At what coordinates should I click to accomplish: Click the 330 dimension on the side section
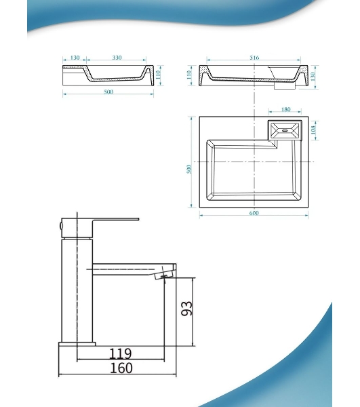click(117, 58)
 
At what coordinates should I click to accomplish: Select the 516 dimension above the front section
click(254, 58)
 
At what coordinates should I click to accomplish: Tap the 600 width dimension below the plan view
click(254, 213)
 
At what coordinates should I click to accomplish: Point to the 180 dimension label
click(285, 109)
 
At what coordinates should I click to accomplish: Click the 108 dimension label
click(313, 130)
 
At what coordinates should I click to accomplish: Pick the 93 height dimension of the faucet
click(186, 309)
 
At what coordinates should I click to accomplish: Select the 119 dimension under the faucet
click(121, 353)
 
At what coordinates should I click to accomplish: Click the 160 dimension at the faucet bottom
click(121, 368)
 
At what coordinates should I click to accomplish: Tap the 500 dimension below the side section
click(108, 92)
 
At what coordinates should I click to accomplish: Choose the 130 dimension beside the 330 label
click(75, 58)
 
